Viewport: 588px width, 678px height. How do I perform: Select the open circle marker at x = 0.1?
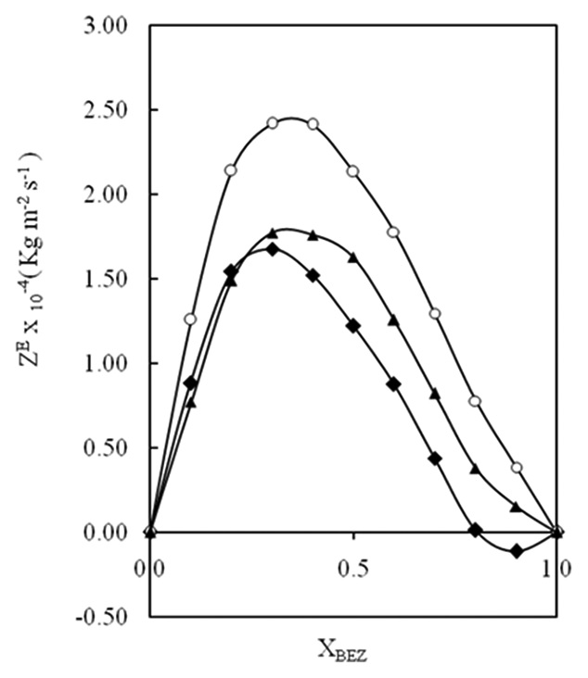click(x=191, y=319)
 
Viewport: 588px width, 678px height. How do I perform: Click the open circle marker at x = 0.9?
click(x=517, y=468)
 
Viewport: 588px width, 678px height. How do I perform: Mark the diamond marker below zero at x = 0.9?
click(x=517, y=550)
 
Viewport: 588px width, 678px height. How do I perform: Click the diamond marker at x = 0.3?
click(x=273, y=248)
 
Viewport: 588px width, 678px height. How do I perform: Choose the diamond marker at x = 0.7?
click(x=435, y=458)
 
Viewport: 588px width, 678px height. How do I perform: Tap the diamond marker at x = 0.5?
click(x=353, y=325)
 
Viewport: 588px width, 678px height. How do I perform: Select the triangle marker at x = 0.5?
click(x=353, y=257)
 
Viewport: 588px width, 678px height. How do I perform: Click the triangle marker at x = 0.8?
click(x=476, y=469)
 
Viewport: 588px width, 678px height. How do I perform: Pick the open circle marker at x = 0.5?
click(x=353, y=171)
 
